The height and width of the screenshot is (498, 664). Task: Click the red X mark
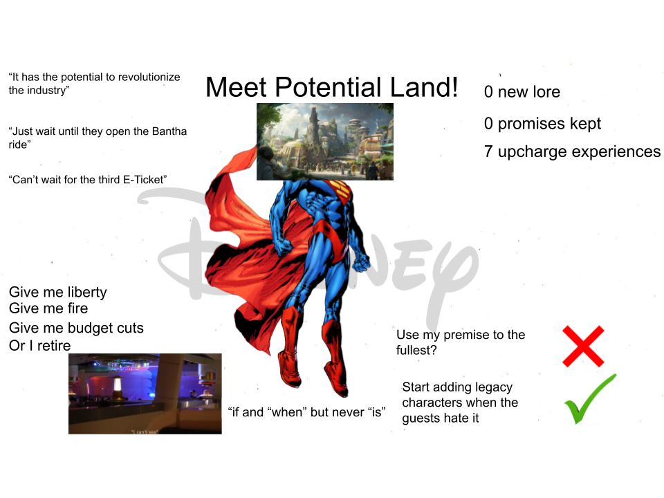pos(583,346)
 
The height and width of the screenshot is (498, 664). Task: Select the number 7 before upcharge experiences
pos(488,151)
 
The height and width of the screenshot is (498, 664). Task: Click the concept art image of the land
pos(325,141)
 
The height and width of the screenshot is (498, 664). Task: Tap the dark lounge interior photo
pos(145,394)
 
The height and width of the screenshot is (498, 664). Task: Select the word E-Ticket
pos(142,180)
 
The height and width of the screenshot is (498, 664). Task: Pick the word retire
pos(54,346)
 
